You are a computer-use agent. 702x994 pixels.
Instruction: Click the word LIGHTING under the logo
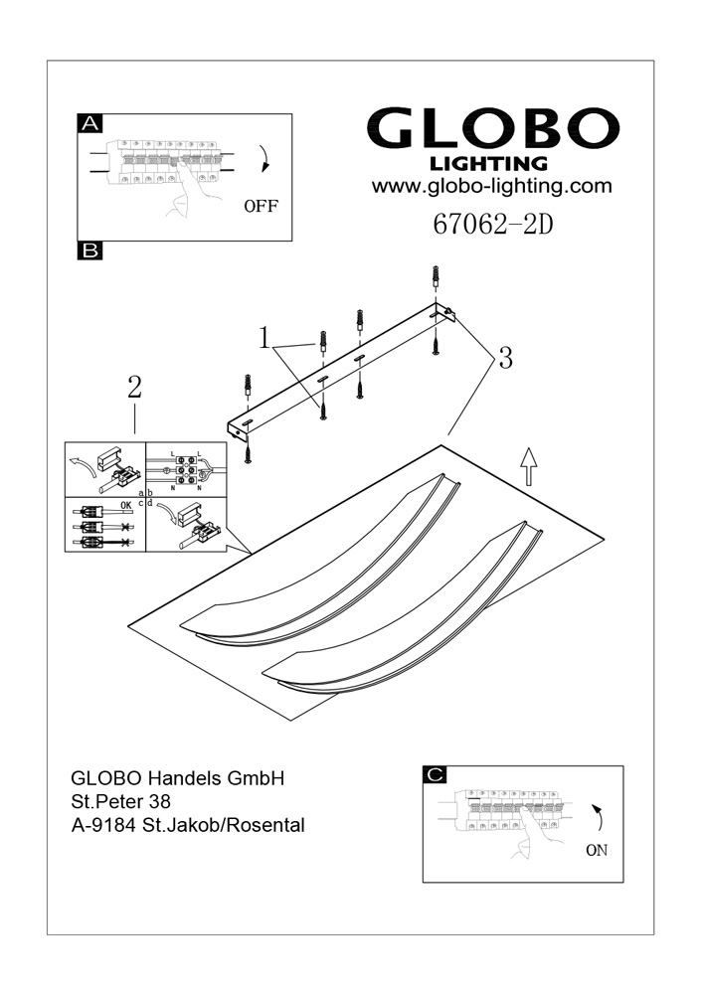click(487, 163)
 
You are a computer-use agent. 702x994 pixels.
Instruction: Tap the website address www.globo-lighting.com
click(491, 186)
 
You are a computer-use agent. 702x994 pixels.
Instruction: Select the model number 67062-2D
click(492, 226)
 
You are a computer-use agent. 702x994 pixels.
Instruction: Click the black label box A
click(89, 123)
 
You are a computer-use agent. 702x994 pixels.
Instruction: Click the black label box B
click(89, 251)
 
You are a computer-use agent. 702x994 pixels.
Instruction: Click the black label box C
click(435, 774)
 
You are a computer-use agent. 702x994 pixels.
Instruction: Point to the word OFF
click(261, 208)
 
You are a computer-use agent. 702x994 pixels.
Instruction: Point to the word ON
click(597, 850)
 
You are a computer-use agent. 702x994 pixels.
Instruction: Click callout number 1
click(264, 339)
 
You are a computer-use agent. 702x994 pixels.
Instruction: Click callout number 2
click(134, 388)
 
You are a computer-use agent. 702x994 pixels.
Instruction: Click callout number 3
click(505, 359)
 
